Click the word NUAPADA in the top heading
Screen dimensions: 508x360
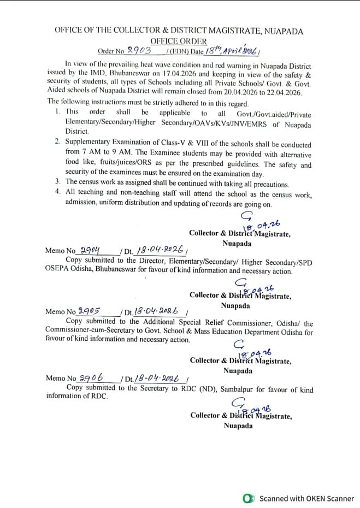(x=284, y=31)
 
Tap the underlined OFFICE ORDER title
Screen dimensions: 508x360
(x=179, y=41)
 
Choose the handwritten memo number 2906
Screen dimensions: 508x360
(x=91, y=377)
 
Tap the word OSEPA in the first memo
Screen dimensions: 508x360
(x=57, y=270)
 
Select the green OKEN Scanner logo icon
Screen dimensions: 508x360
(x=249, y=498)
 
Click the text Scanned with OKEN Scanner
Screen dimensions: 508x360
(x=306, y=498)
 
